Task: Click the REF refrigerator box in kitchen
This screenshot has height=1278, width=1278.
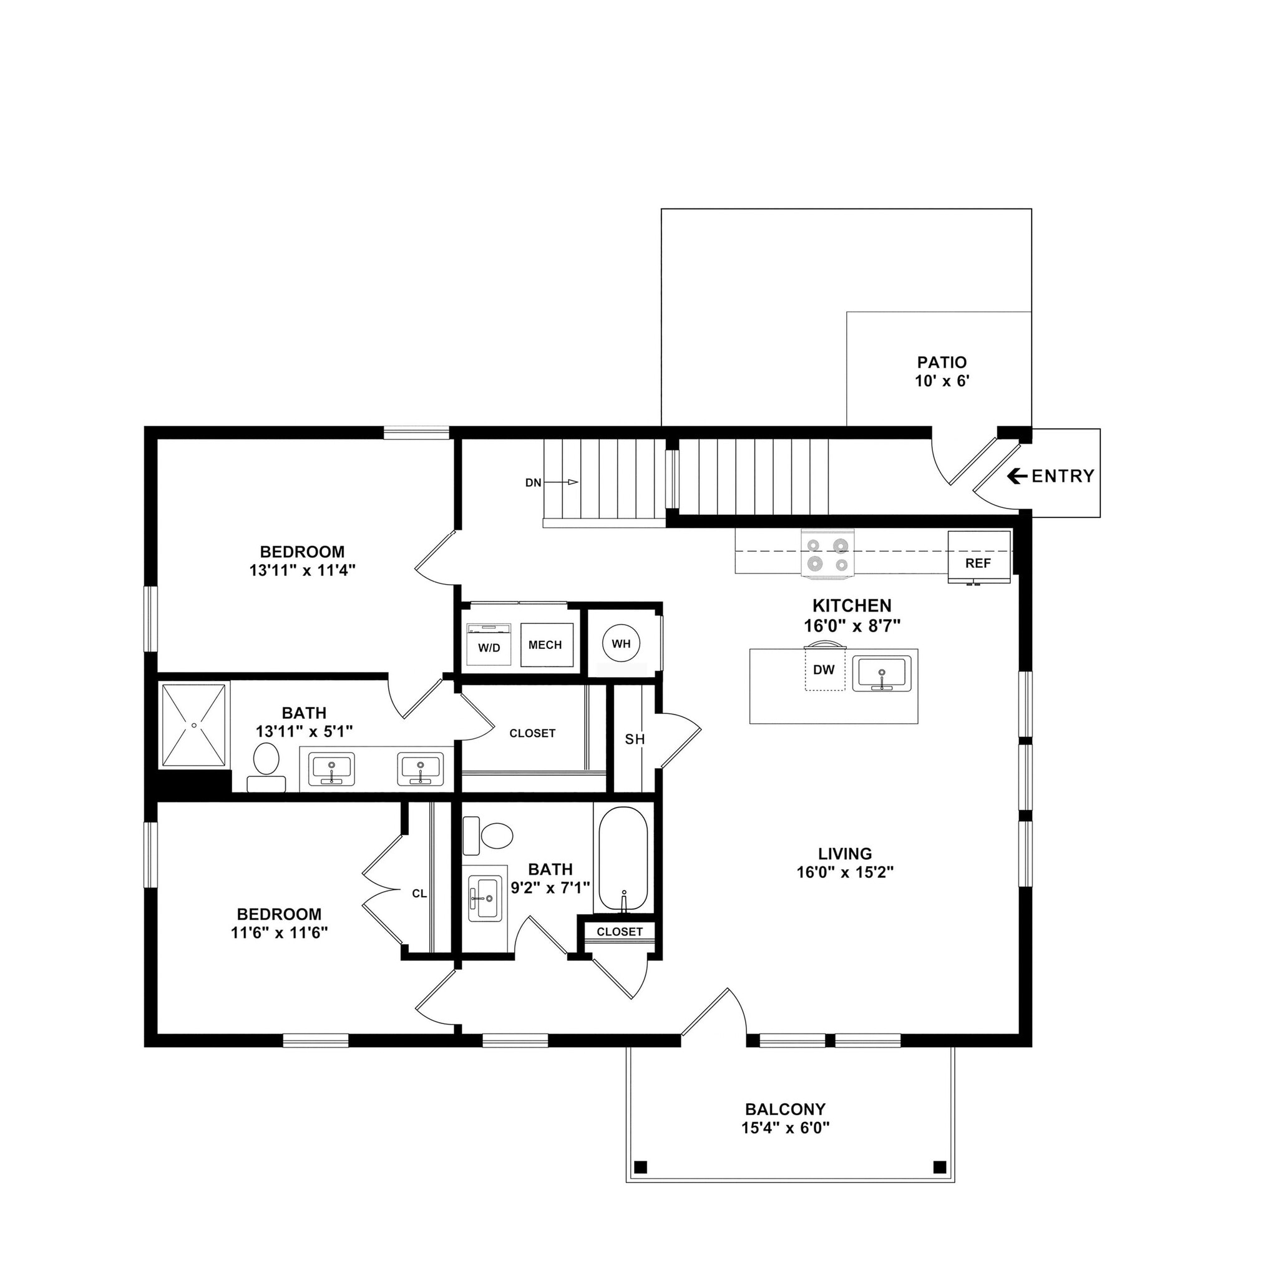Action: click(x=978, y=558)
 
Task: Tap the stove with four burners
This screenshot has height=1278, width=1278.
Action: click(x=827, y=554)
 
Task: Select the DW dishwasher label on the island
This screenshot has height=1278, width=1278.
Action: click(x=824, y=670)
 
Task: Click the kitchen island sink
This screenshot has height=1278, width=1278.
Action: click(x=881, y=673)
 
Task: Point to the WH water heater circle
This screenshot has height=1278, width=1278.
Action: click(x=620, y=643)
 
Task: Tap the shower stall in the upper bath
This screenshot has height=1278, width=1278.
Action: click(x=194, y=726)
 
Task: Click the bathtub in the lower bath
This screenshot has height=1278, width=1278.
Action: click(x=622, y=859)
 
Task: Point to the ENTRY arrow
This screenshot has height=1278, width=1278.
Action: click(x=1017, y=476)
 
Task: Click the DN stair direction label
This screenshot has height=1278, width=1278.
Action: click(x=533, y=483)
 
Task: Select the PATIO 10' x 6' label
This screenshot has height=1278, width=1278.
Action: click(x=942, y=371)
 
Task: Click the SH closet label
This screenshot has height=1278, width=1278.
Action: click(x=635, y=739)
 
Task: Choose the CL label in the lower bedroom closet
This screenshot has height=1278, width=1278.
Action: click(x=419, y=894)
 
